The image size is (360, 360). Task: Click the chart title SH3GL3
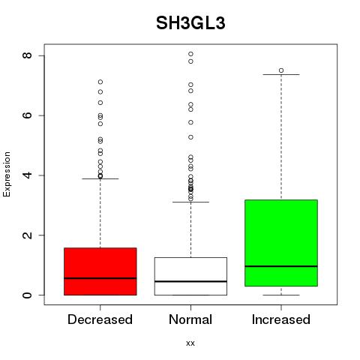pyautogui.click(x=190, y=23)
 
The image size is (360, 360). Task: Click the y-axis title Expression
pyautogui.click(x=7, y=175)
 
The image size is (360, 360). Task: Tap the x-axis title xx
pyautogui.click(x=190, y=343)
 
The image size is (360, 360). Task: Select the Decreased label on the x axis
pyautogui.click(x=100, y=319)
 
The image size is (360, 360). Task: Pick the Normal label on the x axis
pyautogui.click(x=190, y=319)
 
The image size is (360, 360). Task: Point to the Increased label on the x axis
pyautogui.click(x=281, y=319)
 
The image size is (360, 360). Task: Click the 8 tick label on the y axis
pyautogui.click(x=27, y=55)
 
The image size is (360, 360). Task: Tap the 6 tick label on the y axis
pyautogui.click(x=27, y=115)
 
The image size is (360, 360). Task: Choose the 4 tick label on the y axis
pyautogui.click(x=27, y=175)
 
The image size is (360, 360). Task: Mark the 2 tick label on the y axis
pyautogui.click(x=27, y=235)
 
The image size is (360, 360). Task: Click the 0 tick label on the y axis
pyautogui.click(x=27, y=295)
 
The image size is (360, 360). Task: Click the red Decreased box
pyautogui.click(x=100, y=271)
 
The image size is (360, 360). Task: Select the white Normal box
pyautogui.click(x=190, y=276)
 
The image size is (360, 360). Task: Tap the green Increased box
pyautogui.click(x=281, y=243)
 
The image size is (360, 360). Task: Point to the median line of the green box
pyautogui.click(x=281, y=266)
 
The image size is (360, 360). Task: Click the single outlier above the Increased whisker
pyautogui.click(x=281, y=70)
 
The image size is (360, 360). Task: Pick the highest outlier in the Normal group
pyautogui.click(x=190, y=54)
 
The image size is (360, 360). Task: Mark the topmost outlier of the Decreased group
pyautogui.click(x=100, y=82)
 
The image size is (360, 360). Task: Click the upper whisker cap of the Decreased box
pyautogui.click(x=100, y=178)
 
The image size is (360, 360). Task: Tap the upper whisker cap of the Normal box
pyautogui.click(x=190, y=202)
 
